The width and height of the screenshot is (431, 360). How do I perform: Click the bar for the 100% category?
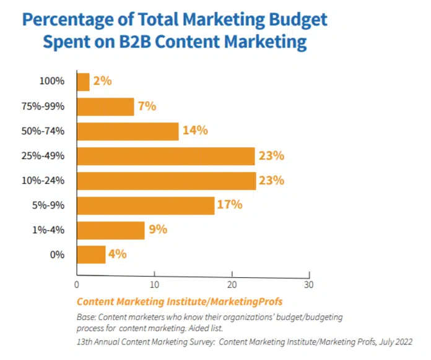click(83, 81)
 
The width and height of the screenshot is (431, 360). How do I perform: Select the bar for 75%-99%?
click(105, 106)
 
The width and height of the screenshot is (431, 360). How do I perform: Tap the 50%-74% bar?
click(128, 131)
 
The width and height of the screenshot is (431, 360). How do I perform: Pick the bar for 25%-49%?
click(165, 156)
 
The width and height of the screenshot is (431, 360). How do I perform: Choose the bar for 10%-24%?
click(166, 181)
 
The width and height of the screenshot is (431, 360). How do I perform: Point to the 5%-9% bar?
click(146, 205)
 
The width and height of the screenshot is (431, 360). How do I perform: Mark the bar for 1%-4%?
click(110, 230)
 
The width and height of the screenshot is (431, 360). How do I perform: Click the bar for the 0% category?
click(91, 254)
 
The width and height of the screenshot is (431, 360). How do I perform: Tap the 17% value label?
click(230, 204)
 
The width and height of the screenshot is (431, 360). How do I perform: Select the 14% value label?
click(194, 131)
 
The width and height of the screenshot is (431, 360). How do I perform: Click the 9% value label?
click(157, 229)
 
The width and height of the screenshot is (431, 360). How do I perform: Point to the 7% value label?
click(147, 106)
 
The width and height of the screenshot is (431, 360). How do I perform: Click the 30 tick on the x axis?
click(308, 285)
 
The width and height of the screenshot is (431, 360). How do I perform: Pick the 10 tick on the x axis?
click(154, 285)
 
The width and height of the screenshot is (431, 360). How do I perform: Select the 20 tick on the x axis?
click(232, 285)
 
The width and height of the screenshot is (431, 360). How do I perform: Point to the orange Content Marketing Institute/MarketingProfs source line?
click(180, 302)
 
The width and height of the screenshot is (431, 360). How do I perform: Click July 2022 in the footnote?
click(399, 341)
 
